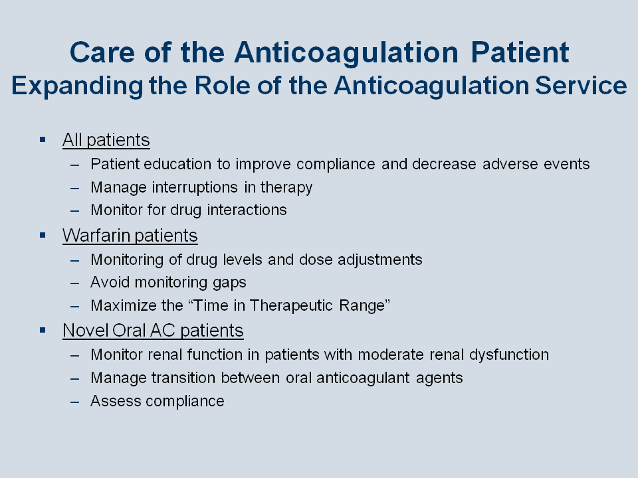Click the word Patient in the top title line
pyautogui.click(x=520, y=52)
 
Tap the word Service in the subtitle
pyautogui.click(x=581, y=86)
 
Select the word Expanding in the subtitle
pyautogui.click(x=77, y=87)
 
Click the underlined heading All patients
pyautogui.click(x=106, y=140)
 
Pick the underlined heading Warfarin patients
pyautogui.click(x=130, y=236)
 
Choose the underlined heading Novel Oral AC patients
pyautogui.click(x=153, y=331)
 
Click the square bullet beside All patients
pyautogui.click(x=43, y=140)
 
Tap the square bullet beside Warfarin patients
pyautogui.click(x=43, y=235)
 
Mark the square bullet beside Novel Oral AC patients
pyautogui.click(x=43, y=330)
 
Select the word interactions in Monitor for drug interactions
pyautogui.click(x=247, y=210)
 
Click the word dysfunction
pyautogui.click(x=509, y=355)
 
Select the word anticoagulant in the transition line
pyautogui.click(x=363, y=378)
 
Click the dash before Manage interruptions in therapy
pyautogui.click(x=75, y=188)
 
